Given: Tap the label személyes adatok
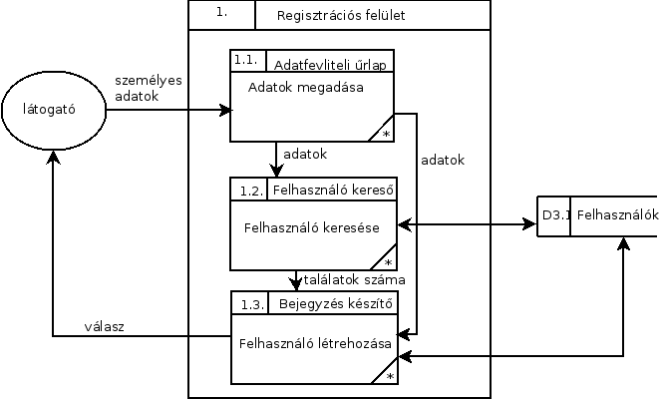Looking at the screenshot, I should (x=148, y=89).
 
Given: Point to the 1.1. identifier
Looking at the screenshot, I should (x=245, y=61).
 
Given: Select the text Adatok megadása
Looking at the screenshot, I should (x=305, y=86).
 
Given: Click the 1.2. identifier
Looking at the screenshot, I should (x=251, y=190).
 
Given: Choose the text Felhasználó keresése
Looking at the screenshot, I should (x=311, y=227).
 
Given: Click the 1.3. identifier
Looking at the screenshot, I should (x=251, y=302).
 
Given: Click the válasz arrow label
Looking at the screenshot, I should (x=104, y=327).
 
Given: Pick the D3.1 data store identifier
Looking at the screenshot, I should (x=554, y=214).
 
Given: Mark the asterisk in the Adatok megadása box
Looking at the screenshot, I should (x=385, y=134).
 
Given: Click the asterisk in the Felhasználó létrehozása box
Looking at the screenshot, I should (x=390, y=376).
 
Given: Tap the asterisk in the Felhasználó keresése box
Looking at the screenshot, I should (x=389, y=261).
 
